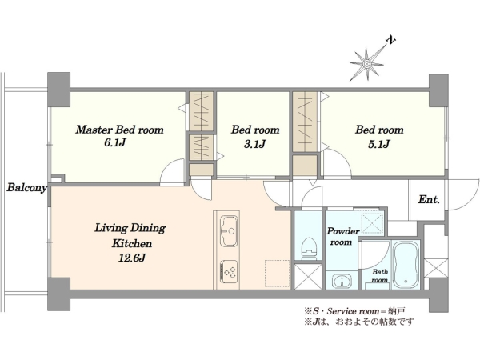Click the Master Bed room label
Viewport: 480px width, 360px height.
pos(120,130)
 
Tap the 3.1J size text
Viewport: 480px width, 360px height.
pos(254,144)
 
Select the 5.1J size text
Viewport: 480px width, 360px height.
pos(378,144)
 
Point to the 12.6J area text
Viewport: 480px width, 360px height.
pos(132,258)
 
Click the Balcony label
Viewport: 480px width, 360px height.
pos(27,187)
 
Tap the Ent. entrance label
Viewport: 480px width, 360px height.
pos(429,199)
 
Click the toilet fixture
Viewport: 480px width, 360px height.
pos(309,249)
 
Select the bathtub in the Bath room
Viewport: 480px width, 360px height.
pos(406,265)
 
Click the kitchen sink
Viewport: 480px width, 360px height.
pos(229,230)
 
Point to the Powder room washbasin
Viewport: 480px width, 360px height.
pos(341,281)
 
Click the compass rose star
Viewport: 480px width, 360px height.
pos(366,64)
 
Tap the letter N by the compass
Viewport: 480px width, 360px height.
pos(390,40)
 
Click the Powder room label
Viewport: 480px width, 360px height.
pos(342,236)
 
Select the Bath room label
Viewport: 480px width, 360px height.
pos(379,276)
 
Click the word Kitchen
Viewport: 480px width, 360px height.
pos(132,243)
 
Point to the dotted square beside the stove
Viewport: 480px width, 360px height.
pos(277,274)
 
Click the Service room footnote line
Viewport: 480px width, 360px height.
pos(354,311)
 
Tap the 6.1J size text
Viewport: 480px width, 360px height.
pos(115,142)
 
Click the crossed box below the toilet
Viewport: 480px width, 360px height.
pos(308,277)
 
